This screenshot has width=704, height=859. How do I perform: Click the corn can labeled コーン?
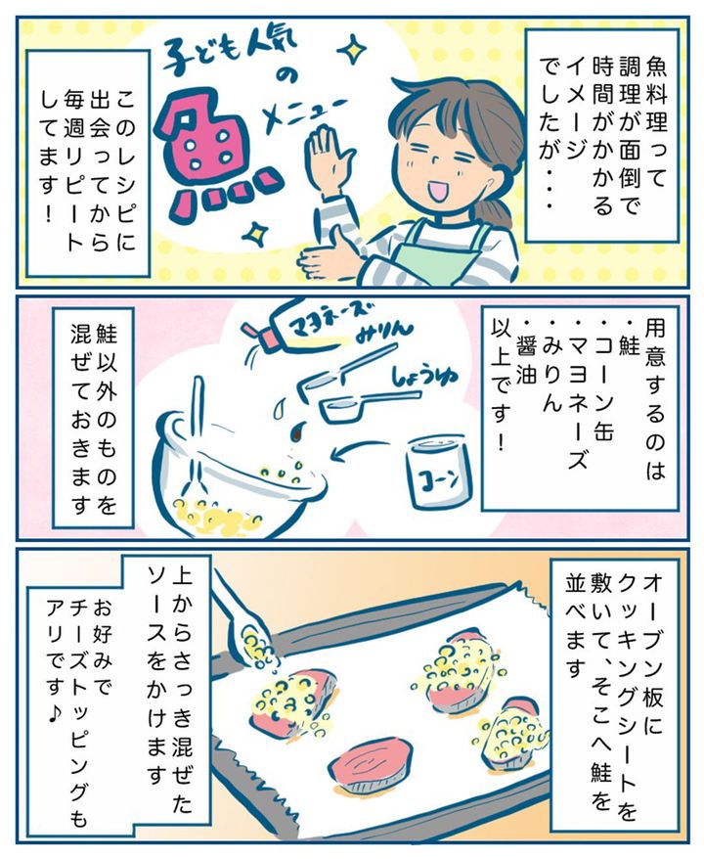438,471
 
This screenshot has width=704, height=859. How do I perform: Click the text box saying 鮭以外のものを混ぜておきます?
93,418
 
